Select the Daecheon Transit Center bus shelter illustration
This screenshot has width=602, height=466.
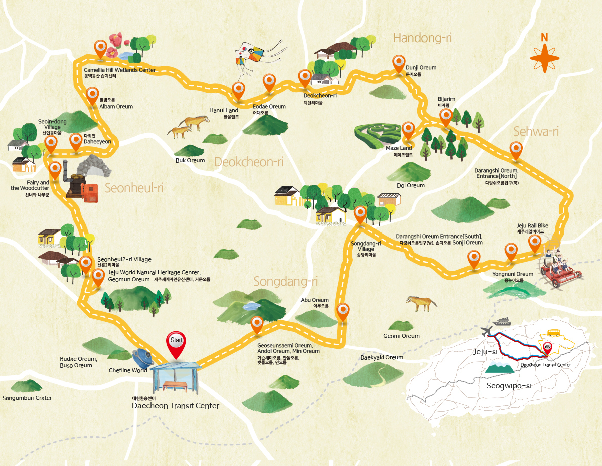tap(176, 378)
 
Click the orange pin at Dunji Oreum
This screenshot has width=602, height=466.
tap(399, 63)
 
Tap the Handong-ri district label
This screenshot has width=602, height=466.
tap(419, 38)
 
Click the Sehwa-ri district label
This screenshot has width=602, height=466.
tap(536, 132)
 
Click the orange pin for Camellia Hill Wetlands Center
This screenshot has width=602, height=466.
tap(101, 48)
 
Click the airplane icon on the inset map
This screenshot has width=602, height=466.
tap(486, 331)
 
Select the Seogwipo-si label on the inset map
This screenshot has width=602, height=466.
tap(509, 386)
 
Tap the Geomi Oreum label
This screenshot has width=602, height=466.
tap(401, 336)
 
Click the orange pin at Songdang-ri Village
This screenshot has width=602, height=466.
tap(360, 214)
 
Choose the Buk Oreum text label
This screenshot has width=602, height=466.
tap(190, 160)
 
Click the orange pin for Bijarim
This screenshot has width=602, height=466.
tap(446, 117)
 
